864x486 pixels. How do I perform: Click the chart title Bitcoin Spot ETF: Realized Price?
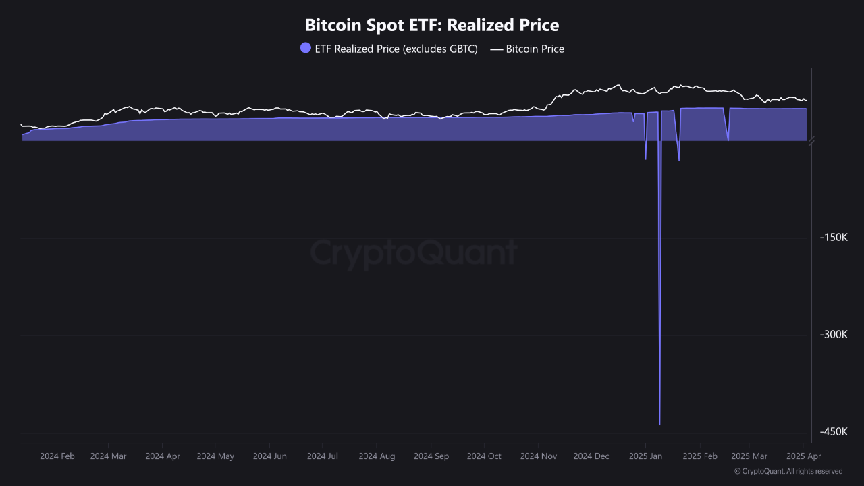pyautogui.click(x=432, y=26)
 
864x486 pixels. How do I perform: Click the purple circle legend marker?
pyautogui.click(x=306, y=48)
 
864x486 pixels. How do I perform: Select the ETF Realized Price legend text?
pyautogui.click(x=396, y=49)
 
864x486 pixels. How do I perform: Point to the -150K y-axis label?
pyautogui.click(x=833, y=238)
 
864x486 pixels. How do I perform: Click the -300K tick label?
pyautogui.click(x=833, y=335)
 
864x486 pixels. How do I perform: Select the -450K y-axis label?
pyautogui.click(x=833, y=432)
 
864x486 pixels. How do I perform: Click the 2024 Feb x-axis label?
pyautogui.click(x=57, y=456)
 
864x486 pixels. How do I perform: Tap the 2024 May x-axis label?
pyautogui.click(x=215, y=456)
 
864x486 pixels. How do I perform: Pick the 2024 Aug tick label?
pyautogui.click(x=377, y=456)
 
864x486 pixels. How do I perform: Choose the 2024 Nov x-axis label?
pyautogui.click(x=538, y=456)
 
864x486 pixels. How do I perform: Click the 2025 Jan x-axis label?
pyautogui.click(x=645, y=456)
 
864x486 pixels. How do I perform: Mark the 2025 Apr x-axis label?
pyautogui.click(x=803, y=456)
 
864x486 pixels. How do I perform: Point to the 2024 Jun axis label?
pyautogui.click(x=270, y=456)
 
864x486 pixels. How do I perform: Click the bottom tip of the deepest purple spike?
pyautogui.click(x=659, y=425)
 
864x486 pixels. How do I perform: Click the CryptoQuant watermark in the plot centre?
pyautogui.click(x=414, y=253)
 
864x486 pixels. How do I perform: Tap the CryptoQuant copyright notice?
pyautogui.click(x=788, y=471)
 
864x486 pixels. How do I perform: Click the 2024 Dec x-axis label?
pyautogui.click(x=591, y=456)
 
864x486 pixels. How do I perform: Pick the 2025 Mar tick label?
pyautogui.click(x=749, y=456)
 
